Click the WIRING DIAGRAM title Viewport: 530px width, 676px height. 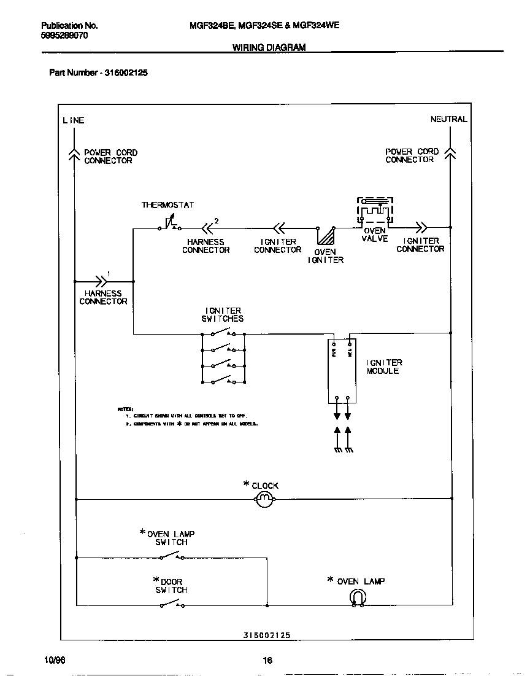pos(269,47)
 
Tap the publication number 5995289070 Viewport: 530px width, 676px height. pos(64,36)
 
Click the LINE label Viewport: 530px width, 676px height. pos(73,120)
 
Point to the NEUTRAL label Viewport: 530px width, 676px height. pos(448,119)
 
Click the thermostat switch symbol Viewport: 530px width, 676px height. pos(169,225)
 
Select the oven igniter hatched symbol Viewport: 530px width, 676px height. pos(326,237)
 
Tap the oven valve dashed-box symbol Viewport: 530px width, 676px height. pos(375,212)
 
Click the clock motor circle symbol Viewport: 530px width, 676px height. pos(264,500)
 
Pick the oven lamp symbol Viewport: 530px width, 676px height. pos(358,597)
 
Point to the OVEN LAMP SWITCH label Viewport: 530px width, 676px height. pos(171,538)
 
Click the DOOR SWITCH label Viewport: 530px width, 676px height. pos(171,586)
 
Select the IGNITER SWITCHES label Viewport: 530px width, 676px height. pos(223,314)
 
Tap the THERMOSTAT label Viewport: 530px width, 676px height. pos(167,204)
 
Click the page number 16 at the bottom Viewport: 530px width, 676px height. pos(267,661)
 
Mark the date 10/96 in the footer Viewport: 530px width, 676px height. pos(55,660)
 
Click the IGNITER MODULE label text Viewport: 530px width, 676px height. pos(384,367)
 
